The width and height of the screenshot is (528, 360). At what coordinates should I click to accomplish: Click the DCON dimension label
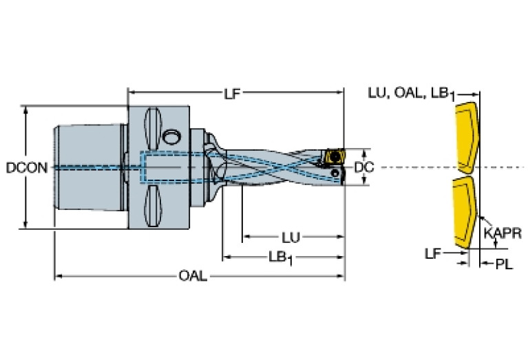[x=26, y=167]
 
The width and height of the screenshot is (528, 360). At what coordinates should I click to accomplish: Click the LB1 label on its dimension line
[x=279, y=257]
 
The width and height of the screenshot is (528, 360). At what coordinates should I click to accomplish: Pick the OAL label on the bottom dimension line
[x=192, y=276]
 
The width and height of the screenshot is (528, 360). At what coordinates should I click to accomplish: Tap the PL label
[x=504, y=264]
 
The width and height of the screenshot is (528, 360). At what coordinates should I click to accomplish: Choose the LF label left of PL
[x=432, y=254]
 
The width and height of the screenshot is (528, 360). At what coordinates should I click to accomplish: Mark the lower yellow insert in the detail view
[x=465, y=211]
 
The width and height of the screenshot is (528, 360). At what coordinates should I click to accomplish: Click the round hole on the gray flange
[x=172, y=135]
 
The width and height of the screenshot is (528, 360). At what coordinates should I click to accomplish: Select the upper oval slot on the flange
[x=152, y=130]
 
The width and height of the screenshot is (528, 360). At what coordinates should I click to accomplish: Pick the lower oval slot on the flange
[x=152, y=204]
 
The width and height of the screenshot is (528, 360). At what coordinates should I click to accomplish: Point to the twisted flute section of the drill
[x=275, y=167]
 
